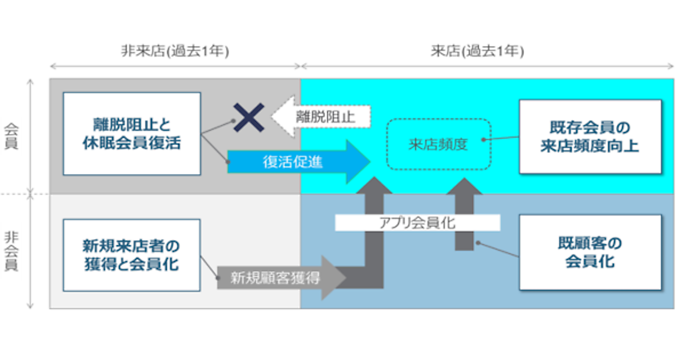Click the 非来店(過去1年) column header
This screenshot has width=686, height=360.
point(175,51)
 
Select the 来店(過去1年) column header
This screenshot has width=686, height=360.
point(477,51)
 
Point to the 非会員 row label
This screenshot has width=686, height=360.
point(11,251)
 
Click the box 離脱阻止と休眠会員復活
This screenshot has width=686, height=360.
point(131,133)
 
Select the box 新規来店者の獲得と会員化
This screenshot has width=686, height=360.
point(131,255)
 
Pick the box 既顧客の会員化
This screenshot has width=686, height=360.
point(590,252)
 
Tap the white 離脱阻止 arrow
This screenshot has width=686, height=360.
point(320,117)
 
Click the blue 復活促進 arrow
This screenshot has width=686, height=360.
point(297,162)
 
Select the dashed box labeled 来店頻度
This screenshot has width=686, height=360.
point(438,144)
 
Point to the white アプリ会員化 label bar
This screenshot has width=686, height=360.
point(417,222)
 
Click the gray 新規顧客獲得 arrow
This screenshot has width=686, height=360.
point(280,278)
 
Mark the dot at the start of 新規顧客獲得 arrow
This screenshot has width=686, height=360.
point(218,278)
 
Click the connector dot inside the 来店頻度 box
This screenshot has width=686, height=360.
point(484,139)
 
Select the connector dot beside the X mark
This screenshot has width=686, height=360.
point(234,121)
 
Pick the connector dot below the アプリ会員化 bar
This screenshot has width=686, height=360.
point(478,242)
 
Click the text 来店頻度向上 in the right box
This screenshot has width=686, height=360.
point(590,146)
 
